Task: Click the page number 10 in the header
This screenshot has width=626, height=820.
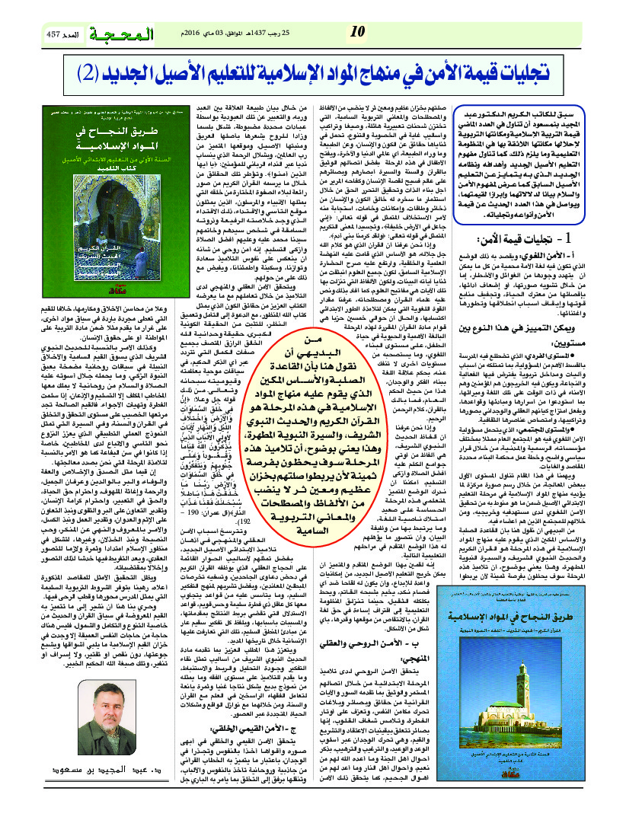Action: (356, 32)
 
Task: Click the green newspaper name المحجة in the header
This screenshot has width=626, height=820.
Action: (120, 35)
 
